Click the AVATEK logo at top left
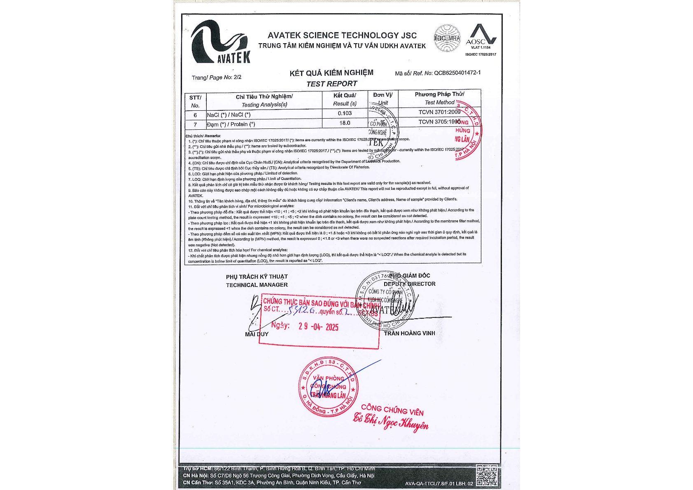click(x=220, y=42)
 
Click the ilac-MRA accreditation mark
click(x=447, y=38)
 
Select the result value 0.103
click(x=345, y=113)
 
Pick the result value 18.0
click(x=345, y=123)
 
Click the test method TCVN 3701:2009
click(x=439, y=112)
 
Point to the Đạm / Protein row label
click(x=231, y=124)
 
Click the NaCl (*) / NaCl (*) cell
click(x=229, y=115)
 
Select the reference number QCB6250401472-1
click(x=457, y=73)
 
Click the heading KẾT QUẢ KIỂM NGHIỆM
click(x=331, y=73)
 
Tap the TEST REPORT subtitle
click(x=331, y=84)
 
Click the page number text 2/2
click(x=237, y=77)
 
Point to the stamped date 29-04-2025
click(x=318, y=327)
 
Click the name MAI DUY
click(x=257, y=334)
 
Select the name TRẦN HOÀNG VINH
click(x=409, y=333)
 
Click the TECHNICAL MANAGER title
click(x=257, y=285)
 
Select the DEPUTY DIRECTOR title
click(x=409, y=284)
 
